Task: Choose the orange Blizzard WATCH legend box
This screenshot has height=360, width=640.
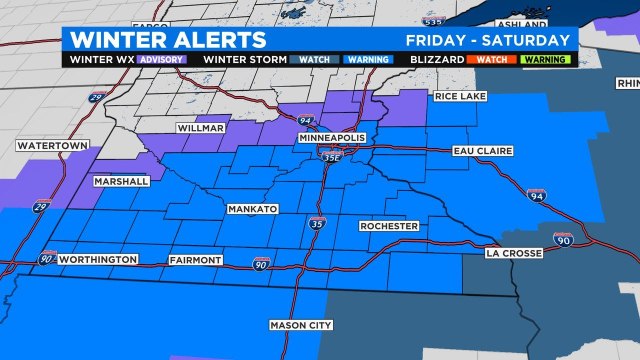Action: point(491,59)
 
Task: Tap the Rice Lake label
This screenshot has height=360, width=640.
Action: point(459,96)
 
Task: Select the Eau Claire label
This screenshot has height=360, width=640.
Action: point(481,151)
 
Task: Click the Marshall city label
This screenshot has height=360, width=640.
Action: point(121,182)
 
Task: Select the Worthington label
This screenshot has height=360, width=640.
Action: point(98,260)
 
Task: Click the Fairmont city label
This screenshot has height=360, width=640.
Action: point(195,260)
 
